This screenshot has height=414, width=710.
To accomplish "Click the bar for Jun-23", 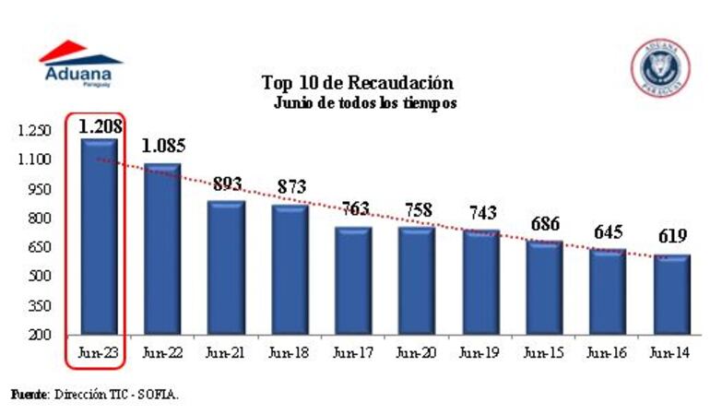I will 99,235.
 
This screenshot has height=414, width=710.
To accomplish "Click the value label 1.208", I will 100,124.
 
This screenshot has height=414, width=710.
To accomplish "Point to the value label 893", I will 228,184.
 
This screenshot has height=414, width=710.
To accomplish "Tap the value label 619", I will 670,238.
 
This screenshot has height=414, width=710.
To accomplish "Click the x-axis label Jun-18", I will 289,352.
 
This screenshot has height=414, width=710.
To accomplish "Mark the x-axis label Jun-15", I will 543,352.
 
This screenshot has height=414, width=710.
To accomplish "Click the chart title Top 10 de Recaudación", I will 357,82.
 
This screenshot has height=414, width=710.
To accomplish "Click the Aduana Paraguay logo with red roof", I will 79,63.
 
